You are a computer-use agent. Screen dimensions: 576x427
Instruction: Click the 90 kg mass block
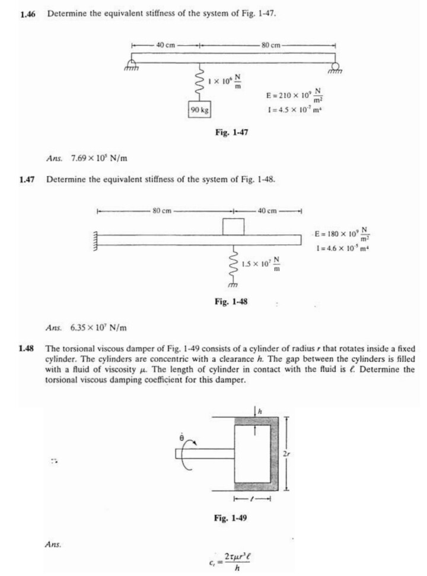pos(199,111)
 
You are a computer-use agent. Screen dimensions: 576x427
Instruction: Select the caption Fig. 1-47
pos(231,133)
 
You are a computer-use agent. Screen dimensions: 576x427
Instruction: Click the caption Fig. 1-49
pos(231,518)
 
